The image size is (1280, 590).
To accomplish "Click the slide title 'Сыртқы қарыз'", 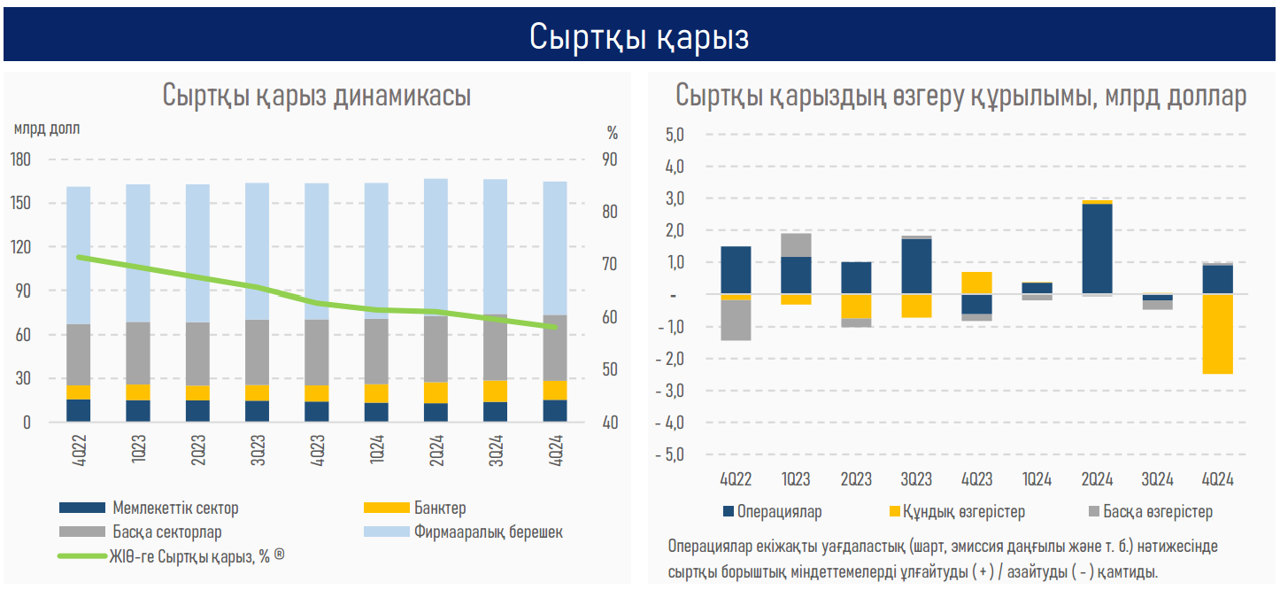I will point(639,36).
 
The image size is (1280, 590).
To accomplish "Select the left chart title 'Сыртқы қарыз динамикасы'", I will point(316,96).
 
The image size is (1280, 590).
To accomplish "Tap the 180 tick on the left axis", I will point(20,159).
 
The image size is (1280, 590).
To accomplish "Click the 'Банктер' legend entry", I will point(439,508).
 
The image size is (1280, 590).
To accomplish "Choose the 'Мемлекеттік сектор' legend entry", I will point(175,508).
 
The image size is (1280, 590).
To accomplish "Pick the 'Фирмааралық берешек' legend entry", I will point(488,532).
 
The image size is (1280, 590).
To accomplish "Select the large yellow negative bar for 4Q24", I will point(1217,334).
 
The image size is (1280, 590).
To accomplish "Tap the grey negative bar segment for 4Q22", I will point(736,320).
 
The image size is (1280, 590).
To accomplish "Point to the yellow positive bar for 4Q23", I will point(976,283).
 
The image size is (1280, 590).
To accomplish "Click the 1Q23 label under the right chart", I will point(796,479).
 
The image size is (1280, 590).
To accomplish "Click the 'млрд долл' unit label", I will point(46,128).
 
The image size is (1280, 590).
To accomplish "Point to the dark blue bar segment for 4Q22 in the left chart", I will point(79,411).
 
